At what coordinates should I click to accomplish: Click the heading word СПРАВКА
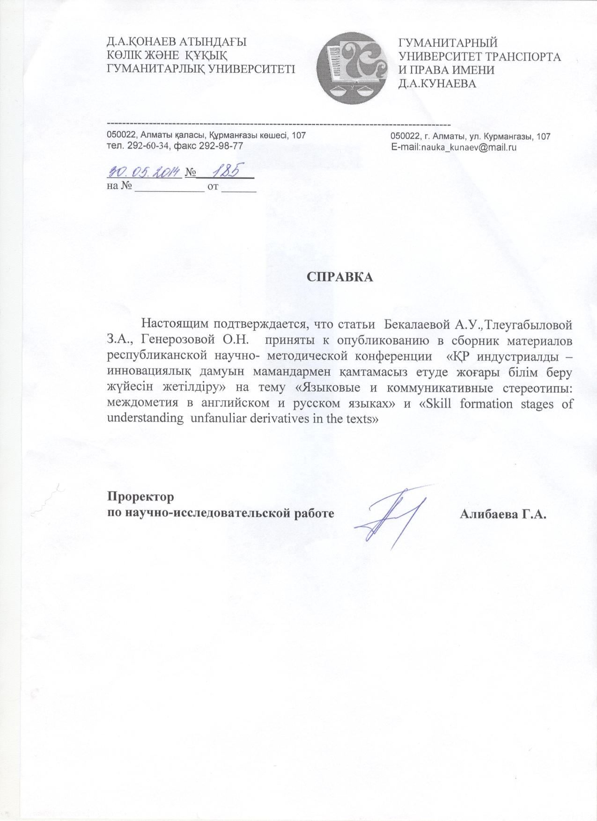tap(340, 276)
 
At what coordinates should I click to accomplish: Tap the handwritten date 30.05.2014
tap(144, 172)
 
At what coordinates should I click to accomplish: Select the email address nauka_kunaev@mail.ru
tap(469, 147)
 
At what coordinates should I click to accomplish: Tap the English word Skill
tap(439, 403)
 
